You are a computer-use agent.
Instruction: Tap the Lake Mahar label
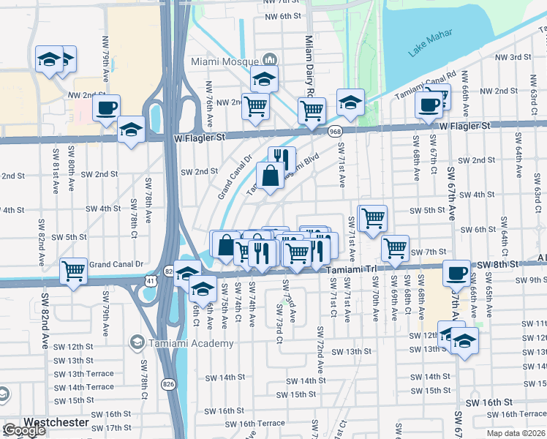click(x=431, y=42)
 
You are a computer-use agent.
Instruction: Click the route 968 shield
click(x=335, y=132)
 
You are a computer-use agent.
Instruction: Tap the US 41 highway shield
click(x=150, y=280)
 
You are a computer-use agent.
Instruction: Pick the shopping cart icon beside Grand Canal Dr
click(x=74, y=271)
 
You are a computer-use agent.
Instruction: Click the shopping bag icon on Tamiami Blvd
click(x=271, y=176)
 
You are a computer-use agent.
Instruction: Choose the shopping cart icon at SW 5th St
click(x=373, y=217)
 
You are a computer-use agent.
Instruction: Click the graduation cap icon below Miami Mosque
click(x=264, y=78)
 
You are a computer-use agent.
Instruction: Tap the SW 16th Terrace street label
click(x=254, y=424)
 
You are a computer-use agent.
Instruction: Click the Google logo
click(x=23, y=431)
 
